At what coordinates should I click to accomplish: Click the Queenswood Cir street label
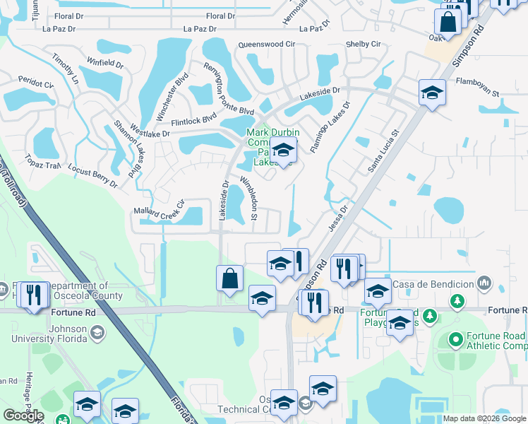click(266, 44)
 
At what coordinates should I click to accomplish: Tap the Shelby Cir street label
click(363, 44)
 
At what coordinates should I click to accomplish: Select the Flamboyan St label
click(477, 93)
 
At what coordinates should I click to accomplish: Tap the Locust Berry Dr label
click(92, 175)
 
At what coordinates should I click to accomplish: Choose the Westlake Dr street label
click(148, 133)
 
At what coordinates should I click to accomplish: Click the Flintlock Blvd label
click(193, 119)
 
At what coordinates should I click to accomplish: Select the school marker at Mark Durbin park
click(283, 150)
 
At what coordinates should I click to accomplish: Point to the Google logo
click(23, 416)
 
